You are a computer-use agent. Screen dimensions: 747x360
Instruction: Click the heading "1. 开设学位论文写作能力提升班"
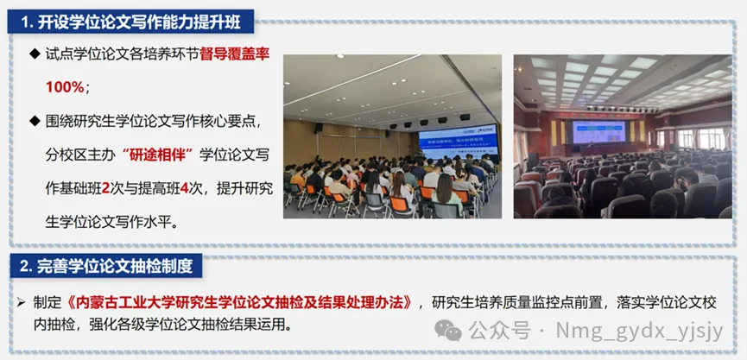click(x=131, y=23)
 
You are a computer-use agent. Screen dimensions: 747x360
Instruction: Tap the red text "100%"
click(x=65, y=87)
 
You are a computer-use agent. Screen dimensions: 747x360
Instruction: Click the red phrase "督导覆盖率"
click(x=235, y=54)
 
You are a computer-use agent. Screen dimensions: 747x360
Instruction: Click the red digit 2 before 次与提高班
click(x=105, y=188)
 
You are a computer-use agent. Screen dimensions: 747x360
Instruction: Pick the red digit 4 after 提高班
click(x=185, y=188)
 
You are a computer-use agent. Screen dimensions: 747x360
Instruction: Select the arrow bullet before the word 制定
click(x=21, y=303)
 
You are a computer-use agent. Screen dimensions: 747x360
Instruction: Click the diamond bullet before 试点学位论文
click(x=35, y=54)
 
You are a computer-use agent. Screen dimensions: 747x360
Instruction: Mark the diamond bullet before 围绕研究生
click(x=35, y=121)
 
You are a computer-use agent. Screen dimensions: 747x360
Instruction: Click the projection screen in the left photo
click(x=458, y=142)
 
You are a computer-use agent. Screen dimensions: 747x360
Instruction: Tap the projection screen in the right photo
click(x=598, y=132)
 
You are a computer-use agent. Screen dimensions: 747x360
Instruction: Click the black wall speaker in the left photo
click(x=319, y=128)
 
